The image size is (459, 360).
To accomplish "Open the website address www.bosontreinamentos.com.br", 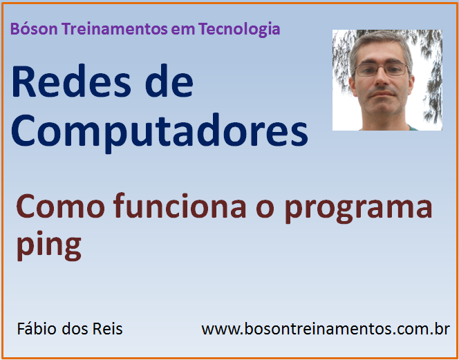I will point(326,329).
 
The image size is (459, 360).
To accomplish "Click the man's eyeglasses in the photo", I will point(382,69).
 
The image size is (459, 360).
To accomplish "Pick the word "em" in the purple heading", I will point(185,30).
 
